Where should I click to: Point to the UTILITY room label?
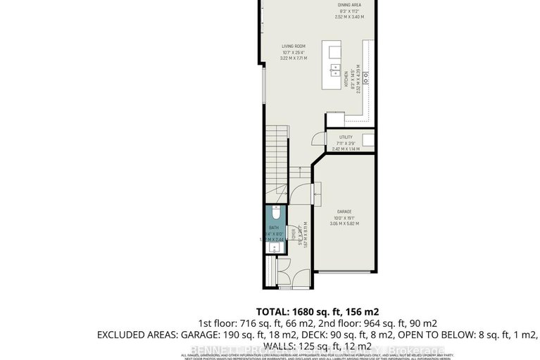click(345, 137)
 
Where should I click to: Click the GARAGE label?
click(345, 211)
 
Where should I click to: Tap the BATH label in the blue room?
click(272, 228)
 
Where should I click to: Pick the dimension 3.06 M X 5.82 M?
click(345, 223)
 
